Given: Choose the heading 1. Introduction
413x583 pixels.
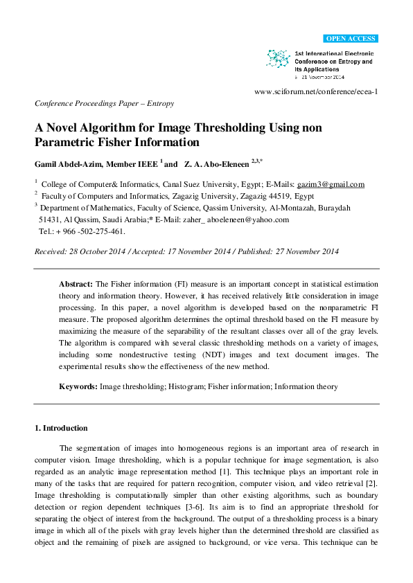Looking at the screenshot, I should coord(61,428).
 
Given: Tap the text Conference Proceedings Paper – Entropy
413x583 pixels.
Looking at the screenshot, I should coord(104,103).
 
